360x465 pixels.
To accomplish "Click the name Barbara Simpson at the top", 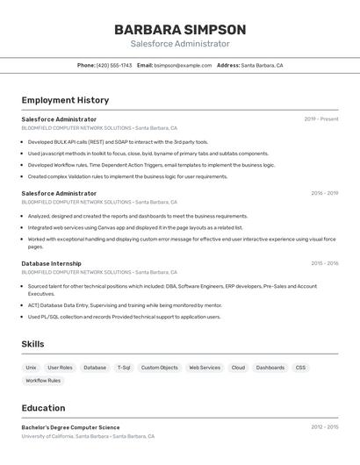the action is click(180, 30).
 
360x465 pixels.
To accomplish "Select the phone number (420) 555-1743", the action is click(114, 65).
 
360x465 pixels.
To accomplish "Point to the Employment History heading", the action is click(65, 100).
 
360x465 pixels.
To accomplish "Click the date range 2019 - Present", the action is click(321, 119).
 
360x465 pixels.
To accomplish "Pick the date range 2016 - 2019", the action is click(324, 193).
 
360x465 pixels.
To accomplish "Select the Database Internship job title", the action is click(51, 263).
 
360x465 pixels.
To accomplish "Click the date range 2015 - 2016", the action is click(324, 263).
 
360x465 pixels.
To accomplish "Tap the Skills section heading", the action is click(32, 344).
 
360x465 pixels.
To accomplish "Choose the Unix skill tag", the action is click(31, 368).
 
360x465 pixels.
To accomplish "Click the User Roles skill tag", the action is click(60, 368).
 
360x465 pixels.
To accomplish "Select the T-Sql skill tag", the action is click(124, 368).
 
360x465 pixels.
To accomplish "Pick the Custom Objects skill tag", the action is click(159, 368).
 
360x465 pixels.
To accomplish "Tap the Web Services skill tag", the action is click(205, 368).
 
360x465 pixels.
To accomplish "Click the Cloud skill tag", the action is click(238, 368).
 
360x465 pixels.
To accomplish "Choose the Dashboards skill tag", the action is click(270, 368).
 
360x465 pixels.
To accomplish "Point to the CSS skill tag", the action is click(300, 368).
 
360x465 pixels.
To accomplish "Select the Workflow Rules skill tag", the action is click(43, 381).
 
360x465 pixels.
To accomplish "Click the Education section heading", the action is click(43, 408).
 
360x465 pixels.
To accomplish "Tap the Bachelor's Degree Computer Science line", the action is click(70, 427).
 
